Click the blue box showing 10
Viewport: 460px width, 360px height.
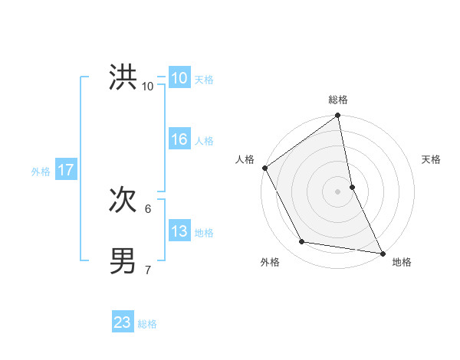179,77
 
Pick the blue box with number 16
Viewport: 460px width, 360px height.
179,139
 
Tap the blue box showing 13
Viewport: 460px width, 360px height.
179,231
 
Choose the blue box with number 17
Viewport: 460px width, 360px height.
65,170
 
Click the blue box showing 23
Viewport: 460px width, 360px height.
123,322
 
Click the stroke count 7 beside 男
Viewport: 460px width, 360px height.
148,269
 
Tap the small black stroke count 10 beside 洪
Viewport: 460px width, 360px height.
148,86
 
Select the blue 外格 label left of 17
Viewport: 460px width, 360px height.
41,172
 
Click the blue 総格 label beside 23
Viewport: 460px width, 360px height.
147,324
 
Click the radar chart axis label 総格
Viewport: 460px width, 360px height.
337,100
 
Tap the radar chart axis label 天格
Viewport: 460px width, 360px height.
432,159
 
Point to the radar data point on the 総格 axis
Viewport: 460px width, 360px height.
337,116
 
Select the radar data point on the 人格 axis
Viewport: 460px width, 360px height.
264,168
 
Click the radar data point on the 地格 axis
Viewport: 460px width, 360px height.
382,252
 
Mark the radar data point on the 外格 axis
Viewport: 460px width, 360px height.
302,242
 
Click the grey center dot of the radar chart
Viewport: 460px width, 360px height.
337,191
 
